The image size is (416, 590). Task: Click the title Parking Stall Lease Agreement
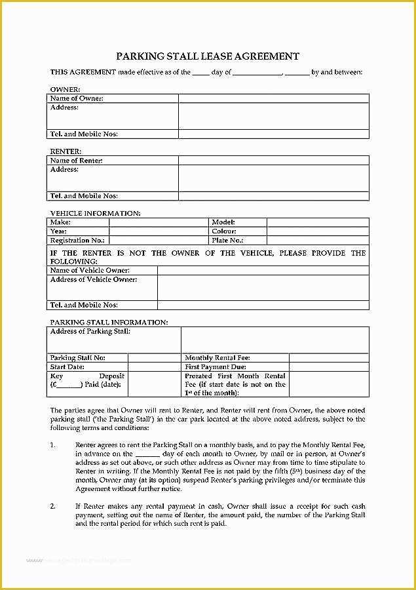coord(208,56)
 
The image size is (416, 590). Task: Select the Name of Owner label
coord(77,98)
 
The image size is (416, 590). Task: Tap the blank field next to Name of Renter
coord(273,160)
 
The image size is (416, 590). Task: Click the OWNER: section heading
coord(65,88)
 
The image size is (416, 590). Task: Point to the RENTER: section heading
coord(66,151)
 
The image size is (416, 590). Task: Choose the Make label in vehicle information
coord(60,222)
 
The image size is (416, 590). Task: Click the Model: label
coord(223,222)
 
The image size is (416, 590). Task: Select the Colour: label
coord(224,231)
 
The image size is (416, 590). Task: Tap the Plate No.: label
coord(226,241)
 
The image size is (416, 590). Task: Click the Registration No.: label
coord(77,241)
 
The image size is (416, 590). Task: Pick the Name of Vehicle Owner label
coord(90,270)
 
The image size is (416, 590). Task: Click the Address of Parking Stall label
coord(90,332)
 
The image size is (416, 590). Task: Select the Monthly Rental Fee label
coord(217,358)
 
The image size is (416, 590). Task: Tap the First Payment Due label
coord(216,367)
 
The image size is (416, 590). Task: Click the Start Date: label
coord(67,367)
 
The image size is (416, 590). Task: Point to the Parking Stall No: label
coord(77,358)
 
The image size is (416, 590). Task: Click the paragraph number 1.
coord(53,445)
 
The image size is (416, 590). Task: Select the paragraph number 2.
coord(53,507)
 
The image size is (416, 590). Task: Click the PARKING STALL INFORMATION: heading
coord(109,322)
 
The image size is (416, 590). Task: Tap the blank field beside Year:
coord(159,231)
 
